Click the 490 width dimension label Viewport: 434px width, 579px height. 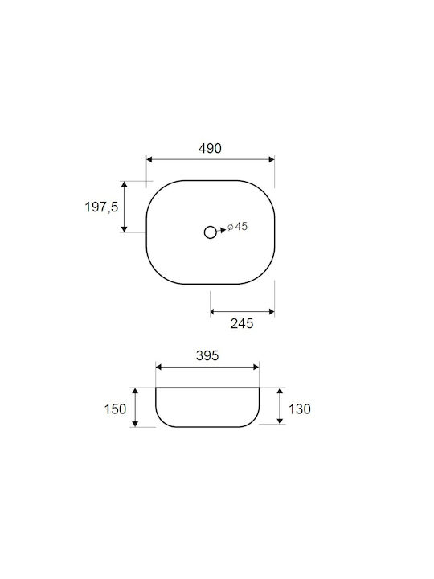(210, 149)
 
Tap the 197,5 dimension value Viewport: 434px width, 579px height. (101, 207)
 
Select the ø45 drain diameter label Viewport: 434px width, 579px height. (237, 226)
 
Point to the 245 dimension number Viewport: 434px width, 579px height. (242, 323)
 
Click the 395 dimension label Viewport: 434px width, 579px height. (207, 355)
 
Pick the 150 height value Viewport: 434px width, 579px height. (115, 409)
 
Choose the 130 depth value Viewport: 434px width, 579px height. (299, 409)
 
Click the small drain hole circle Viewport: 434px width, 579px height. (211, 232)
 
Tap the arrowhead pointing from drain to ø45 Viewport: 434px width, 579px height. (223, 230)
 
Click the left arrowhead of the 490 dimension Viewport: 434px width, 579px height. (149, 159)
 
